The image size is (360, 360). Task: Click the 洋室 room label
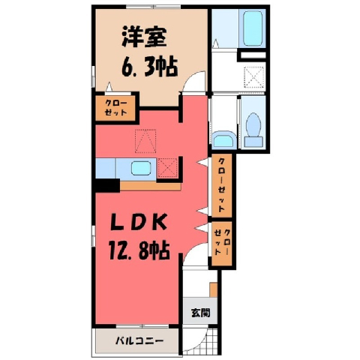click(144, 39)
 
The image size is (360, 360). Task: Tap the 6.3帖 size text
click(150, 67)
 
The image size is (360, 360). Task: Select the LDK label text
click(139, 223)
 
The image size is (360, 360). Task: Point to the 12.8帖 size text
click(139, 250)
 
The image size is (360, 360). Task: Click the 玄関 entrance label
click(200, 313)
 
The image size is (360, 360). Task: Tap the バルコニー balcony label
click(139, 340)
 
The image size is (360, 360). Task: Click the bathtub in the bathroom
click(253, 28)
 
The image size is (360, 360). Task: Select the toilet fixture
click(253, 130)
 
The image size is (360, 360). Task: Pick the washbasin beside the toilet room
click(224, 140)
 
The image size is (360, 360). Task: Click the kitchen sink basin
click(141, 168)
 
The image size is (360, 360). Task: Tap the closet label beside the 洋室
click(115, 107)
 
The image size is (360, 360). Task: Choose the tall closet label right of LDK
click(222, 185)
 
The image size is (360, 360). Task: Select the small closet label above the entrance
click(222, 242)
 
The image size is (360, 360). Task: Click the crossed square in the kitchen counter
click(168, 167)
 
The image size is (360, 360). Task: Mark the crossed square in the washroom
click(254, 78)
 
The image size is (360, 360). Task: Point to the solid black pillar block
click(107, 186)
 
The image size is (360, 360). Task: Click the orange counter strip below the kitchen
click(151, 186)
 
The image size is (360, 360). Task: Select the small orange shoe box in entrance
click(213, 289)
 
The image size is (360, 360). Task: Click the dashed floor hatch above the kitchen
click(145, 141)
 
